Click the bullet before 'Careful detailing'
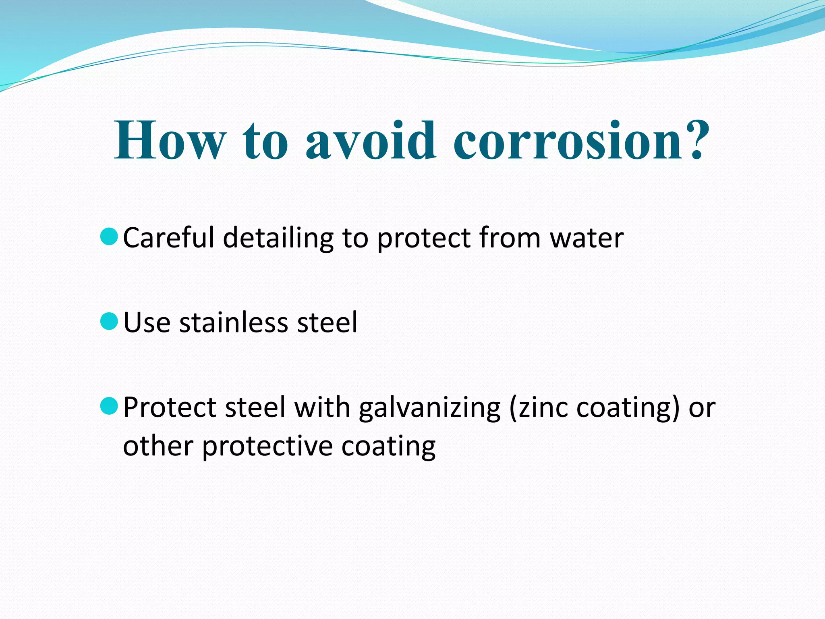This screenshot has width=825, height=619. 109,237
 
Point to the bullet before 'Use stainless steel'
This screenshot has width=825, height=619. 109,321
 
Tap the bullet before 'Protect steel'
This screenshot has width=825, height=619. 109,406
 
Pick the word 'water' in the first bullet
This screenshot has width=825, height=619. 587,238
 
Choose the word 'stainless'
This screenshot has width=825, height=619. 234,322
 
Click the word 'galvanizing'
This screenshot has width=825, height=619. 429,408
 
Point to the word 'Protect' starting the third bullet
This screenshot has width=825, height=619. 170,407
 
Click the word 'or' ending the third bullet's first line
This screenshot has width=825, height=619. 702,408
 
